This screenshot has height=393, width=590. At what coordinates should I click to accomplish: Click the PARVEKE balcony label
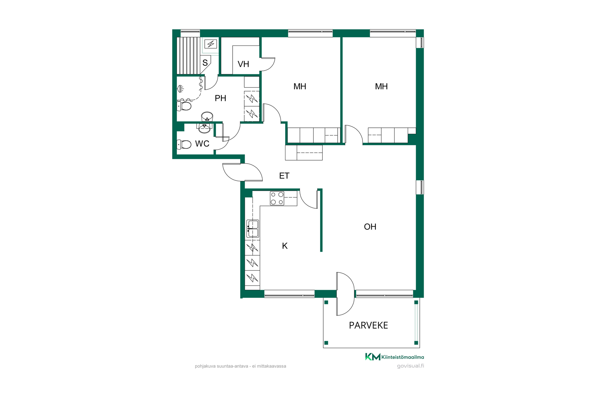pos(368,325)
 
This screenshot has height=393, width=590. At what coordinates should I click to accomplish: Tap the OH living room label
pos(370,227)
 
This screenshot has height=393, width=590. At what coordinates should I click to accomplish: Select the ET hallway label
pos(284,176)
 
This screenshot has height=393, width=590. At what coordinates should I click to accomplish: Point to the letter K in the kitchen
pos(285,246)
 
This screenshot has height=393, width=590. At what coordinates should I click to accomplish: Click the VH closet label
pos(243,64)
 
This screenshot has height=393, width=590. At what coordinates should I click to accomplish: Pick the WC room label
pos(202,144)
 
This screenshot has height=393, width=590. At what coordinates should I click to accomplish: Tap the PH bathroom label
pos(220,98)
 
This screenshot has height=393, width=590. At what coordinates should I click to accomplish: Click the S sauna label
pos(205,63)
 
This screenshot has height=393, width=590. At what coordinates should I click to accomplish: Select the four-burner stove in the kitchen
pos(277,198)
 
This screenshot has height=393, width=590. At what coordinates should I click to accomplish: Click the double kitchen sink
pos(253,229)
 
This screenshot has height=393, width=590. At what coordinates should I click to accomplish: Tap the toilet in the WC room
pos(184,144)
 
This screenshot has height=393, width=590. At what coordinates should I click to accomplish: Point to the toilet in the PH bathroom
pos(184,106)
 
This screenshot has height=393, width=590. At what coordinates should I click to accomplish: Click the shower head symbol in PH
pos(180,89)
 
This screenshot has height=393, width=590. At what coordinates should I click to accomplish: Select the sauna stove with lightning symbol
pos(211,44)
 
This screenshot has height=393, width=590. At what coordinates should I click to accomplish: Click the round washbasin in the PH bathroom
pos(207,117)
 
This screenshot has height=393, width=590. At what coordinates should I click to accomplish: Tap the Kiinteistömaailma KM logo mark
pos(373,356)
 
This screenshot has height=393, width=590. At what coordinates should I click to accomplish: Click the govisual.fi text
pos(411,366)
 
